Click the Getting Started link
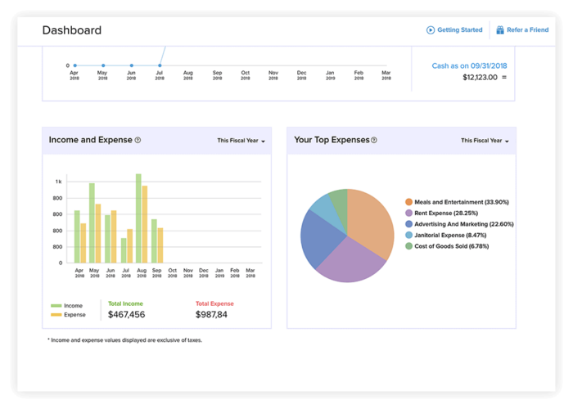[454, 30]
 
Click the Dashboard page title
[72, 30]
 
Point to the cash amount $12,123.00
[480, 78]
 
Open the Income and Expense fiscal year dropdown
[241, 141]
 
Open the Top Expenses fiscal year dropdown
[485, 141]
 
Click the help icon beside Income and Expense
[138, 140]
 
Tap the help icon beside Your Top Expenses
[374, 140]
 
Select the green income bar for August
[138, 218]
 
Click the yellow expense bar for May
[98, 233]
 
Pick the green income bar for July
[124, 250]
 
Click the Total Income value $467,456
[126, 315]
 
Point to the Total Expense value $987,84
[211, 315]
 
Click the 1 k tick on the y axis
[59, 182]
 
